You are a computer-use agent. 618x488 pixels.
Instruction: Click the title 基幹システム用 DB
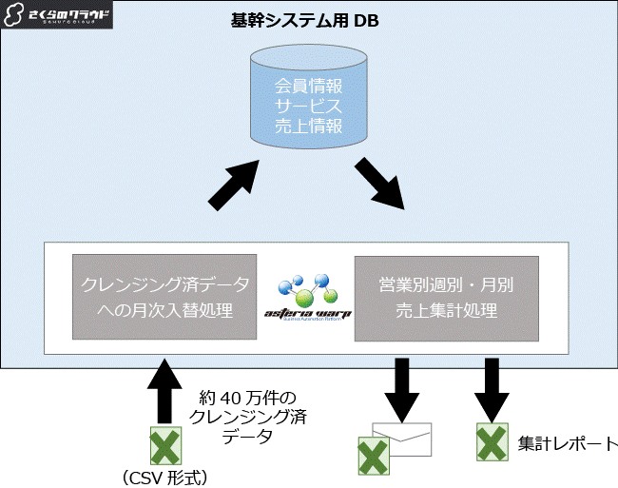coord(304,20)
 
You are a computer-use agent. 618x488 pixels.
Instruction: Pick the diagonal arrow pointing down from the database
coord(381,183)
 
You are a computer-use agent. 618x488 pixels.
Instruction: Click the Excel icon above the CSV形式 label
coord(167,446)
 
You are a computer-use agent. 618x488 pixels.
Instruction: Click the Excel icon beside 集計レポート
coord(492,443)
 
